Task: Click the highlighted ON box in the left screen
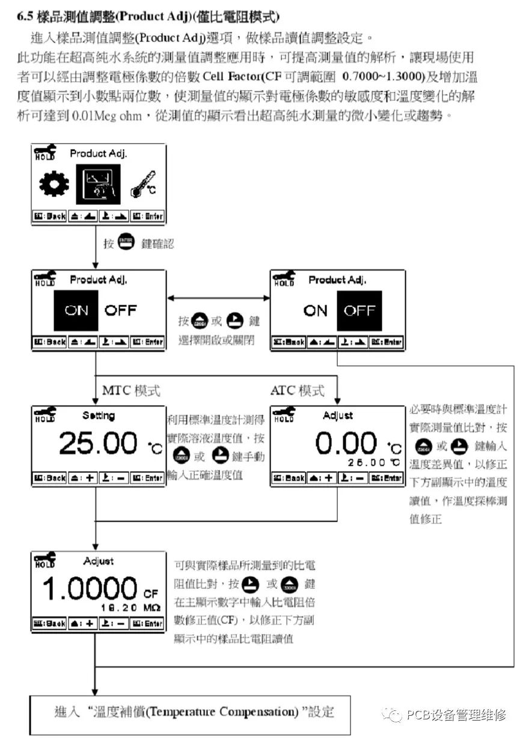(x=76, y=311)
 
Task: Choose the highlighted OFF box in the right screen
(x=359, y=311)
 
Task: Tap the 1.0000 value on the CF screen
(x=90, y=590)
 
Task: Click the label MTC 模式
(x=131, y=391)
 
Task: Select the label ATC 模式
(x=297, y=391)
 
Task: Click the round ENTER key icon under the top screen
(x=126, y=243)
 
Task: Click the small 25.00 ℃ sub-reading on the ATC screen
(x=373, y=462)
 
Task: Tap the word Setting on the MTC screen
(x=98, y=416)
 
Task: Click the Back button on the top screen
(x=49, y=216)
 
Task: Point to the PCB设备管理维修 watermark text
(x=455, y=715)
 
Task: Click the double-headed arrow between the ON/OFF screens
(x=218, y=298)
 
